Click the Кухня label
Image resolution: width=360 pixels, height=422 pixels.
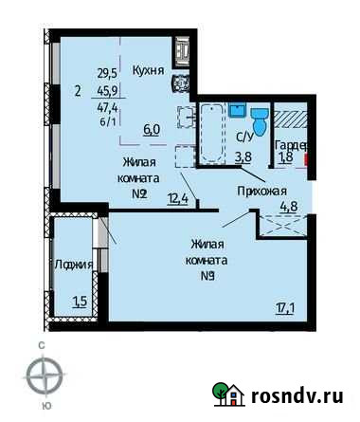(149, 70)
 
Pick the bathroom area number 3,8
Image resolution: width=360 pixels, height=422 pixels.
(243, 158)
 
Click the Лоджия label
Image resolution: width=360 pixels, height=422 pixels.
(73, 265)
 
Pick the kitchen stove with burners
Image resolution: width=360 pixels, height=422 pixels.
(180, 83)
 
